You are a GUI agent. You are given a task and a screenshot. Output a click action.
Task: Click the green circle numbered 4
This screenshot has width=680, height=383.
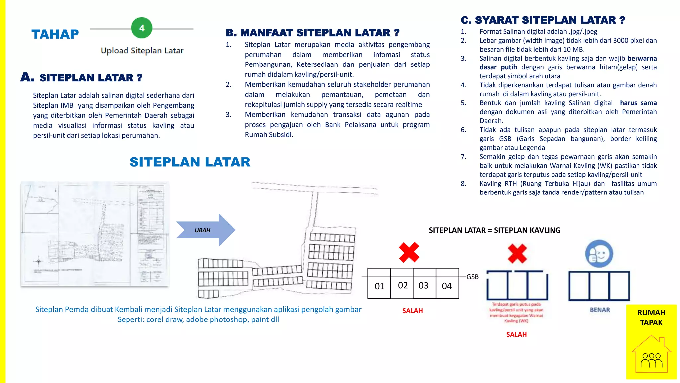(x=142, y=28)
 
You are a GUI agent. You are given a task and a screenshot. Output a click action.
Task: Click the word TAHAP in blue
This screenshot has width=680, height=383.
(x=55, y=34)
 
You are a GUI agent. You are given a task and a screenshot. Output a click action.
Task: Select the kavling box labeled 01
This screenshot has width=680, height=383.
(x=379, y=286)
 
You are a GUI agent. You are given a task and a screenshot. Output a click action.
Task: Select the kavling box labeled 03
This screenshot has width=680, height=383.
(x=423, y=286)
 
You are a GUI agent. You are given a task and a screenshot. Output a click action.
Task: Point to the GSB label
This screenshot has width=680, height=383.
(x=472, y=277)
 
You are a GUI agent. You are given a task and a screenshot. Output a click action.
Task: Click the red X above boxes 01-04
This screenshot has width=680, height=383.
(x=409, y=252)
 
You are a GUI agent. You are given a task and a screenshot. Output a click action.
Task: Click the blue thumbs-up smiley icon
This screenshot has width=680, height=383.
(x=599, y=254)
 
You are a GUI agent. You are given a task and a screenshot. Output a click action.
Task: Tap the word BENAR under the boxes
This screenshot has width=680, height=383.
(x=600, y=310)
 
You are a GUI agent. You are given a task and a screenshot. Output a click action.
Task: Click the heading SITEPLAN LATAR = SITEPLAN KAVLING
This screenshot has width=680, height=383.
(x=494, y=230)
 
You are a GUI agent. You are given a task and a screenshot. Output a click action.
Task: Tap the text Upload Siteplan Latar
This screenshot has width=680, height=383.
(x=142, y=51)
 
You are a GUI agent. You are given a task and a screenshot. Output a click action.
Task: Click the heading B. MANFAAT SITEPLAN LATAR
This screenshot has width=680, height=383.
(x=312, y=33)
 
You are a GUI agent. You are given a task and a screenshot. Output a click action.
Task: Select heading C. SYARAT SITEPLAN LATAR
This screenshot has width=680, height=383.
(x=543, y=20)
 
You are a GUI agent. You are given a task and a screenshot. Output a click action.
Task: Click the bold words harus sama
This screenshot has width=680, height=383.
(x=638, y=103)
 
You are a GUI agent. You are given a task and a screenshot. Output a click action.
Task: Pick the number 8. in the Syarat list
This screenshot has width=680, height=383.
(x=463, y=184)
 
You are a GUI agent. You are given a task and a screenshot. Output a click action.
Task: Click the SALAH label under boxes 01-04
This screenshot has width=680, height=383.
(x=412, y=311)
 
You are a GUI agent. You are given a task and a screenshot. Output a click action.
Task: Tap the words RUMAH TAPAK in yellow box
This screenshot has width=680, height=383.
(x=651, y=318)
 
